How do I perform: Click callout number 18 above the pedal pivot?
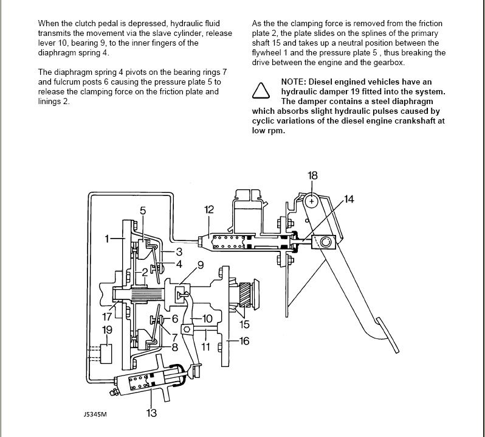[312, 176]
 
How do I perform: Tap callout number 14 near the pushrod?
[349, 199]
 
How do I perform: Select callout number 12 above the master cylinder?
[209, 209]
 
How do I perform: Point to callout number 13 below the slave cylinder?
[151, 413]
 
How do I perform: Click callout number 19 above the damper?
[107, 330]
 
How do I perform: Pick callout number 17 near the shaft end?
[107, 317]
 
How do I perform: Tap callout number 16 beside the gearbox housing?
[244, 341]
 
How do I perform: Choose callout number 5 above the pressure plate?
[143, 211]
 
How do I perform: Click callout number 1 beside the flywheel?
[107, 239]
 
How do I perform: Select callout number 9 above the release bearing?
[201, 265]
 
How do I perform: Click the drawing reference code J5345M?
[95, 414]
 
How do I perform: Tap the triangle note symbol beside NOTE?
[261, 91]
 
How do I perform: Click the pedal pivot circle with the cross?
[312, 201]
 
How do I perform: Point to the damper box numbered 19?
[106, 354]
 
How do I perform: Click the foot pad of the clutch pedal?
[387, 335]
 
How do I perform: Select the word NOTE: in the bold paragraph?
[294, 82]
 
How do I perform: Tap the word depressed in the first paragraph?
[147, 24]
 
